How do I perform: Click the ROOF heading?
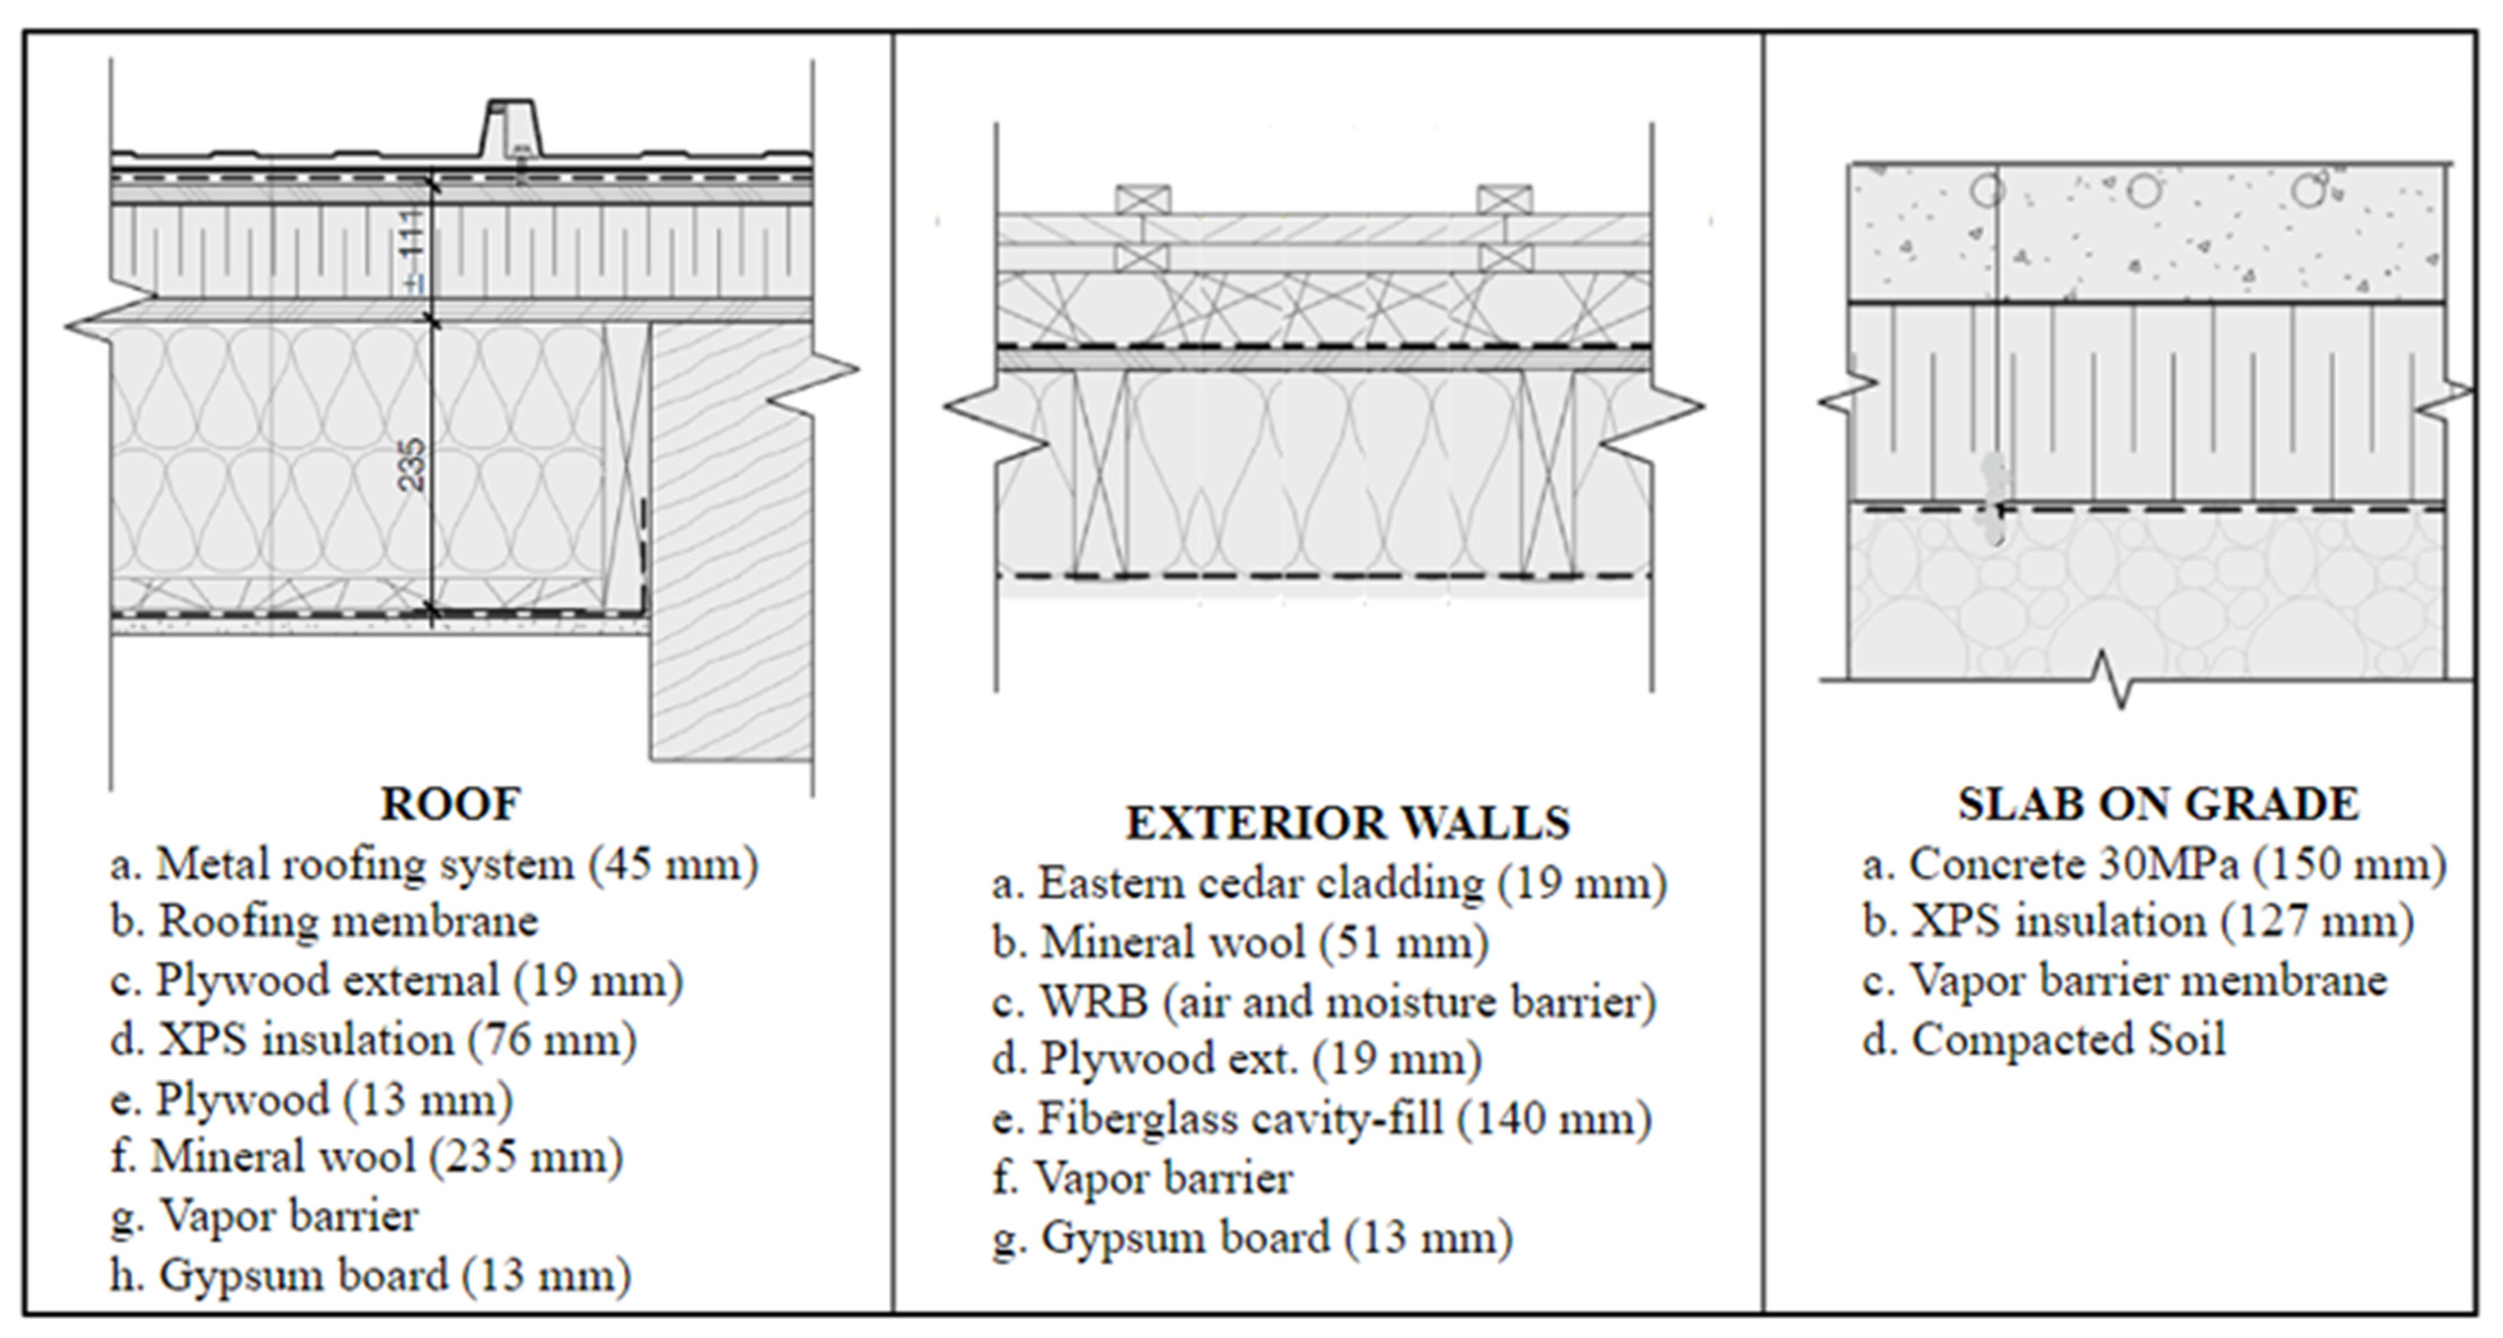click(450, 804)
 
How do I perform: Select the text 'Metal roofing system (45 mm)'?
click(457, 865)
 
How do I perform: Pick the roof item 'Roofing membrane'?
click(348, 922)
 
